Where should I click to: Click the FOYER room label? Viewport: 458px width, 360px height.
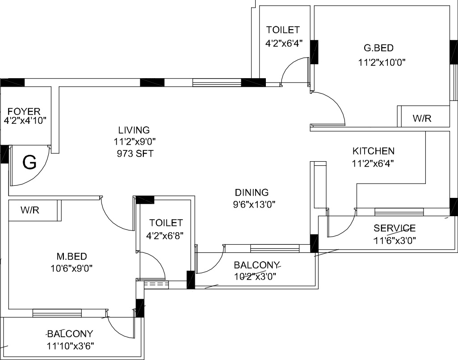24,111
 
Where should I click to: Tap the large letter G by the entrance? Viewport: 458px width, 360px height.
29,163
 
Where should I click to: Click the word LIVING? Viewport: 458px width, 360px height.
134,130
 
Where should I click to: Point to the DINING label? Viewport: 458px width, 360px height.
252,193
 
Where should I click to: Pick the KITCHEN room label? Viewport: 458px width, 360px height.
373,151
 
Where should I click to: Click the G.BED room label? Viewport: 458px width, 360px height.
379,48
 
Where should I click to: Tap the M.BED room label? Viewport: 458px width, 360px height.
71,256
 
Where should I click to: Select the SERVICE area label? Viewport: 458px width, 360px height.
395,228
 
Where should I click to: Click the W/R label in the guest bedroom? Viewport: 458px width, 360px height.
422,119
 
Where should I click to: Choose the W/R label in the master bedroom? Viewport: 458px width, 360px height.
30,210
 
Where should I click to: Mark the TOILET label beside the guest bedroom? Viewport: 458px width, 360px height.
282,30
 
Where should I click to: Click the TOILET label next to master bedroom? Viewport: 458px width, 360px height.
166,222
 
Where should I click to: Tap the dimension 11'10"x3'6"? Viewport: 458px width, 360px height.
70,345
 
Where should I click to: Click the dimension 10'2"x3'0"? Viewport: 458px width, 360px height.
255,276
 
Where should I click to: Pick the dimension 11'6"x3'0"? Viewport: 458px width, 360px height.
395,239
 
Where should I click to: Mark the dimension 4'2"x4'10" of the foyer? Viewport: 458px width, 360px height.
25,121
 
